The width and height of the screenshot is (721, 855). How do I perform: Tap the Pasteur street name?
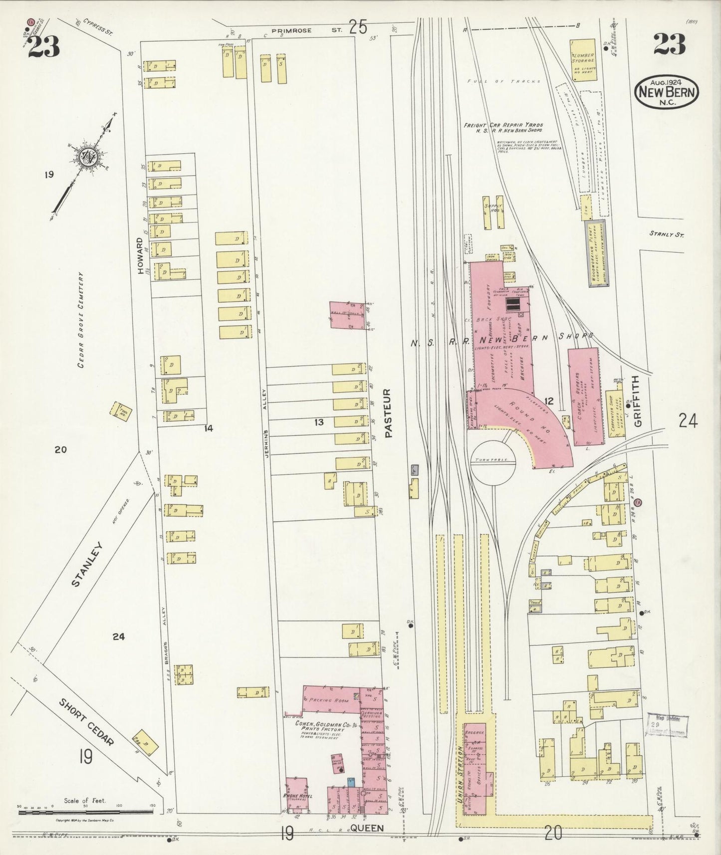click(389, 414)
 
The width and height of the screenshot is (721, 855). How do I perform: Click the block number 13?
click(319, 422)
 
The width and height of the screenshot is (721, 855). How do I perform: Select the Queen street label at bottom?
click(367, 828)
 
